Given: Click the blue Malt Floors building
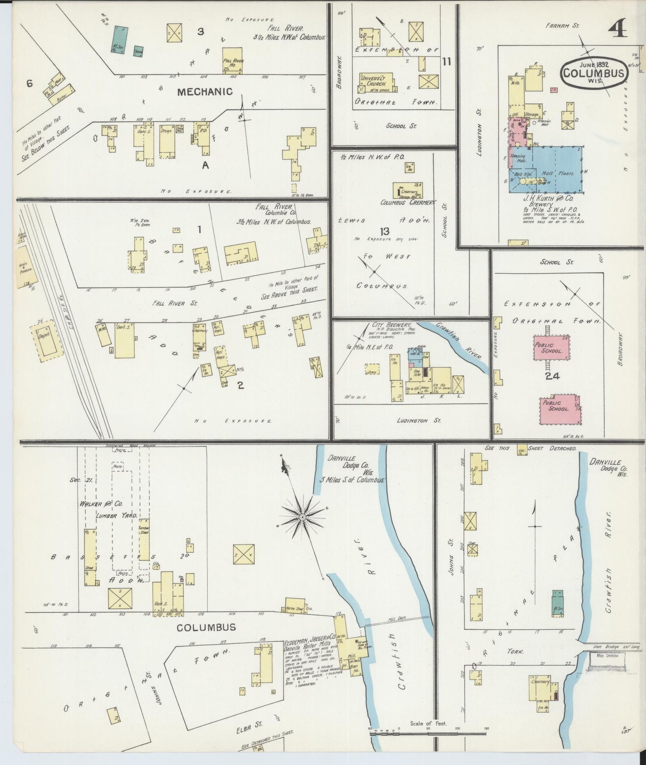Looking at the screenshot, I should pos(557,170).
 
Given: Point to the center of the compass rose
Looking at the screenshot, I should pos(303,517).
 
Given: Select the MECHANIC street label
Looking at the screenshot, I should pos(205,92).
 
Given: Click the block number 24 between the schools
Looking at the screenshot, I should pos(552,376).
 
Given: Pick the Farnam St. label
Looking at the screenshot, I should pos(562,26).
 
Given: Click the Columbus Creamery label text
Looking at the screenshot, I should pos(407,203).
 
